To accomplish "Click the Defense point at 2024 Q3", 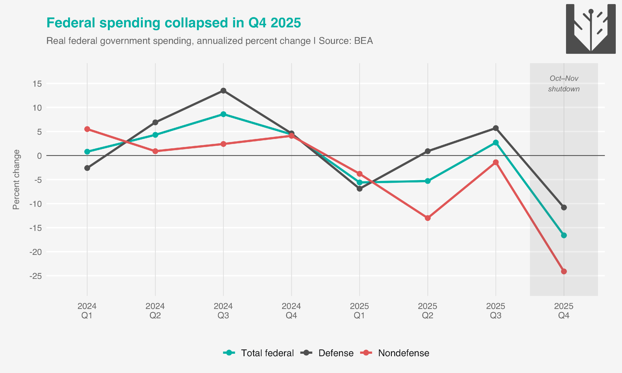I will click(x=223, y=91).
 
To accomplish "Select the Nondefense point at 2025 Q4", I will click(x=564, y=271).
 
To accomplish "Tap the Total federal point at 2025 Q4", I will click(x=564, y=235).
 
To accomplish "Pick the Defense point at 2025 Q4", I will click(x=564, y=207).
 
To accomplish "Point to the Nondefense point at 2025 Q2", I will click(x=428, y=218).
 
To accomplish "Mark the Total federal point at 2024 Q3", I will click(x=223, y=114).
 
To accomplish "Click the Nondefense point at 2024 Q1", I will click(x=87, y=129).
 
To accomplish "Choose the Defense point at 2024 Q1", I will click(x=87, y=168).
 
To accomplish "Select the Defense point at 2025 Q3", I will click(x=496, y=128).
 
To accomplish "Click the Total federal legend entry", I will click(x=259, y=353).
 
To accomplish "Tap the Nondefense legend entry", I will click(x=395, y=353).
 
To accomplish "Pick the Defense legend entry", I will click(x=327, y=353).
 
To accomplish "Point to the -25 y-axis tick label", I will click(x=35, y=276).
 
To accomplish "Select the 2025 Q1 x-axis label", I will click(x=360, y=311).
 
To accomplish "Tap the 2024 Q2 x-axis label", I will click(x=155, y=311).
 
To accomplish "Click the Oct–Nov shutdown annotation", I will click(x=564, y=84).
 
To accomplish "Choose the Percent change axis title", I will click(x=16, y=180).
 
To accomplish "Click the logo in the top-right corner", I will click(x=591, y=29).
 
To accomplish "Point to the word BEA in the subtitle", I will click(x=363, y=41).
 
